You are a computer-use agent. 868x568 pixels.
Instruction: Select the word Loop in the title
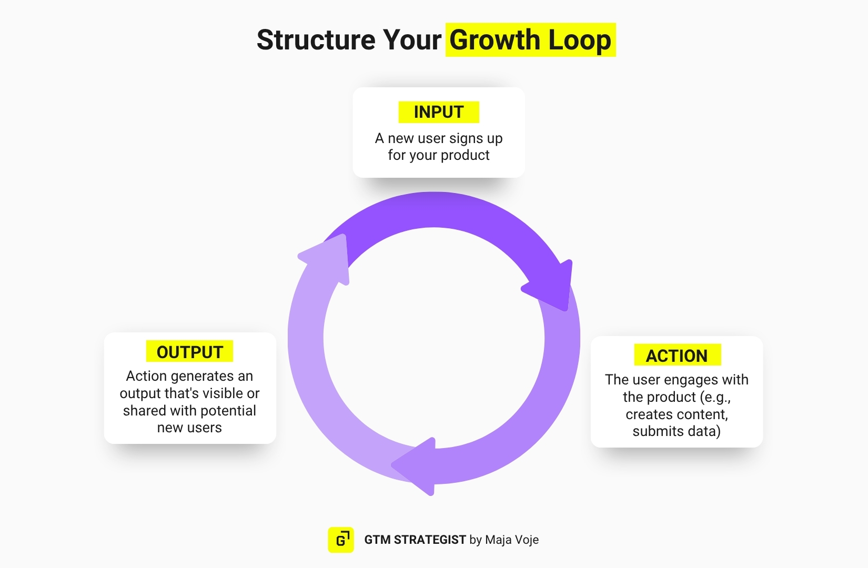point(580,40)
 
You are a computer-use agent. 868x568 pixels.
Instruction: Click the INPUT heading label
point(439,112)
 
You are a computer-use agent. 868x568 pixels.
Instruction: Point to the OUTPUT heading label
point(190,352)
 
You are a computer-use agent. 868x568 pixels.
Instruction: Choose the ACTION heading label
point(677,356)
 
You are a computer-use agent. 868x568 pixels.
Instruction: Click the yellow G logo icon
point(341,540)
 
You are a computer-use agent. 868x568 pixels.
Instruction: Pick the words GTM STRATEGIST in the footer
point(415,540)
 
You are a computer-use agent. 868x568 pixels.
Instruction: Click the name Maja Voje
point(512,540)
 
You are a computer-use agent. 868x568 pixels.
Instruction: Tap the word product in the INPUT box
point(465,155)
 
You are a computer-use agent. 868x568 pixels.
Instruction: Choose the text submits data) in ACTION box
point(677,431)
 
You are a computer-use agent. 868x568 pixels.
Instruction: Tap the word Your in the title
point(412,40)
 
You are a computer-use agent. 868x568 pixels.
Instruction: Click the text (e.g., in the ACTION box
point(715,397)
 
